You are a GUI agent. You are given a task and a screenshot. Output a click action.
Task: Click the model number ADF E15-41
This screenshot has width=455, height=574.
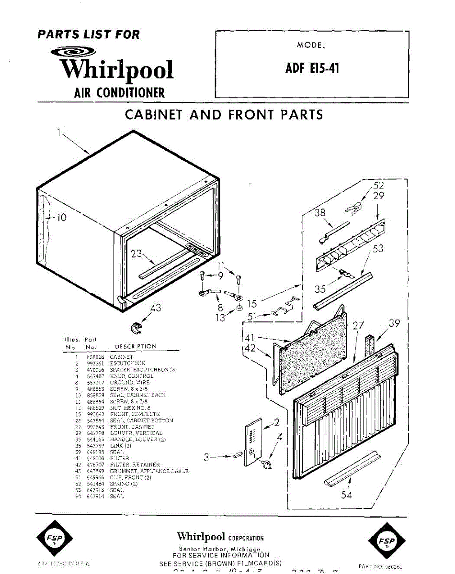click(312, 68)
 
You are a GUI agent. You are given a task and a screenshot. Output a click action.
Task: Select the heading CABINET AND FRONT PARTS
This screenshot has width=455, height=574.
click(224, 115)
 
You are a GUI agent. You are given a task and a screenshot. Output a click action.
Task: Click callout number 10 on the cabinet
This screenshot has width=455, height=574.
click(61, 218)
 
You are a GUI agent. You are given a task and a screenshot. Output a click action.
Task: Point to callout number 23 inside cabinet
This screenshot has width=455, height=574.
click(137, 254)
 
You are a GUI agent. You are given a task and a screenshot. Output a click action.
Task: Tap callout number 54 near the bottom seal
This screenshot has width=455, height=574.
click(346, 495)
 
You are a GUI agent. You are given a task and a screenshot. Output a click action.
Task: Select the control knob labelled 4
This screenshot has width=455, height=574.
click(266, 463)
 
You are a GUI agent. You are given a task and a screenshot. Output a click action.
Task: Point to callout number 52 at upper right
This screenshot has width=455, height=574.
click(378, 186)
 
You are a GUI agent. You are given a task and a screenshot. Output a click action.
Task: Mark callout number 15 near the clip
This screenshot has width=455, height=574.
click(252, 304)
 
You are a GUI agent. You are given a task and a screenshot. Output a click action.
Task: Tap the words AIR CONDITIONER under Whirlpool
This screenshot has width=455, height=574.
click(119, 92)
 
